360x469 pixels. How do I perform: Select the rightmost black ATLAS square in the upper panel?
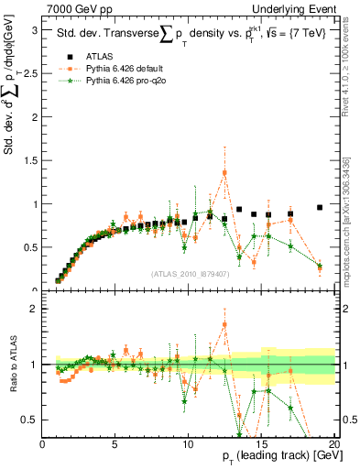tap(319, 208)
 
